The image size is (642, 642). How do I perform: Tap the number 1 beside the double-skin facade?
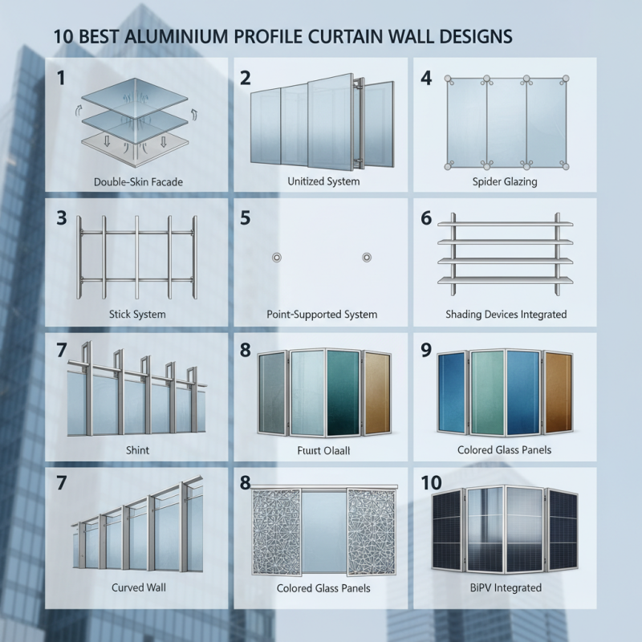pyautogui.click(x=60, y=78)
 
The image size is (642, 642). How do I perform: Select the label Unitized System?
pyautogui.click(x=323, y=181)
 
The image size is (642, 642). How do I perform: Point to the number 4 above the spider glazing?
pyautogui.click(x=426, y=78)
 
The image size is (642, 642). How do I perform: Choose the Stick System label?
pyautogui.click(x=137, y=314)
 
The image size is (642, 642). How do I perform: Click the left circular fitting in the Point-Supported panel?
pyautogui.click(x=277, y=258)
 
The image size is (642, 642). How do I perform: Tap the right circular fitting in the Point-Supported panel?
pyautogui.click(x=367, y=258)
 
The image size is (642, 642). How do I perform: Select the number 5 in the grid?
pyautogui.click(x=246, y=218)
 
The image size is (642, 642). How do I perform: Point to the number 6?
pyautogui.click(x=426, y=218)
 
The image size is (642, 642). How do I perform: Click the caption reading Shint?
pyautogui.click(x=137, y=449)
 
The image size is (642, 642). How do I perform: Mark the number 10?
pyautogui.click(x=431, y=482)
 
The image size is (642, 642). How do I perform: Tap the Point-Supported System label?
pyautogui.click(x=322, y=314)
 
